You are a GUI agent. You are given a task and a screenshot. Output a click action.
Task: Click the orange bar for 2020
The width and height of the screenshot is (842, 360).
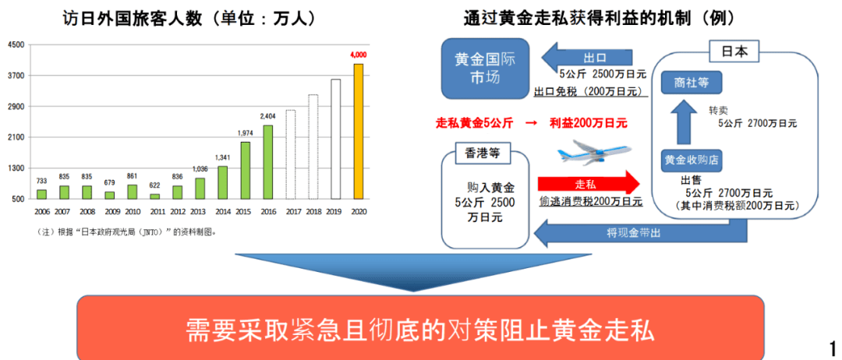[x=358, y=132]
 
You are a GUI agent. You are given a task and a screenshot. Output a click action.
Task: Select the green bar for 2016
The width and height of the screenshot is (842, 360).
[x=268, y=162]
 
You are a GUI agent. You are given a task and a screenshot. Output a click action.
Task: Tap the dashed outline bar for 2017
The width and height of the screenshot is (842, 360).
[x=291, y=154]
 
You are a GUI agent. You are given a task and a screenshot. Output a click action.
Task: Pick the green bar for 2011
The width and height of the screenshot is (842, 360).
[x=154, y=196]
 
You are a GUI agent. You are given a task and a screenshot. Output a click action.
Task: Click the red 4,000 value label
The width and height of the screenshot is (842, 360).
[x=359, y=55]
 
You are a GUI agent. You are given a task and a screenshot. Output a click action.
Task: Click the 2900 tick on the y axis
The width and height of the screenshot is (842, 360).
[x=18, y=106]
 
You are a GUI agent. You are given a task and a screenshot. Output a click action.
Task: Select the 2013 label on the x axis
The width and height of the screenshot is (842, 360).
[x=199, y=211]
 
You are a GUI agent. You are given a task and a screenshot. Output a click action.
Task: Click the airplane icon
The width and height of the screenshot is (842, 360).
[x=594, y=153]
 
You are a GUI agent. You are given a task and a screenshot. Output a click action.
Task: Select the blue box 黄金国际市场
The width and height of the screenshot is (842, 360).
[x=485, y=68]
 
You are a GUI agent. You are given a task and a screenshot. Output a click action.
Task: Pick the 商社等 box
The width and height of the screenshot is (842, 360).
[x=691, y=83]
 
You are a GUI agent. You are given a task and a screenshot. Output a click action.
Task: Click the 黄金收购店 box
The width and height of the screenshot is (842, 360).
[x=692, y=159]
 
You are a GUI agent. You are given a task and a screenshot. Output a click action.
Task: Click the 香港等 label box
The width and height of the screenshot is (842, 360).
[x=479, y=153]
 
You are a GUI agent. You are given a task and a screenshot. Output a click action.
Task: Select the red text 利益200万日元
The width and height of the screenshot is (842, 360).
[x=588, y=123]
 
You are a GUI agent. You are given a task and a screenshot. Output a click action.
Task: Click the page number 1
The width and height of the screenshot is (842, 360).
[x=833, y=346]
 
